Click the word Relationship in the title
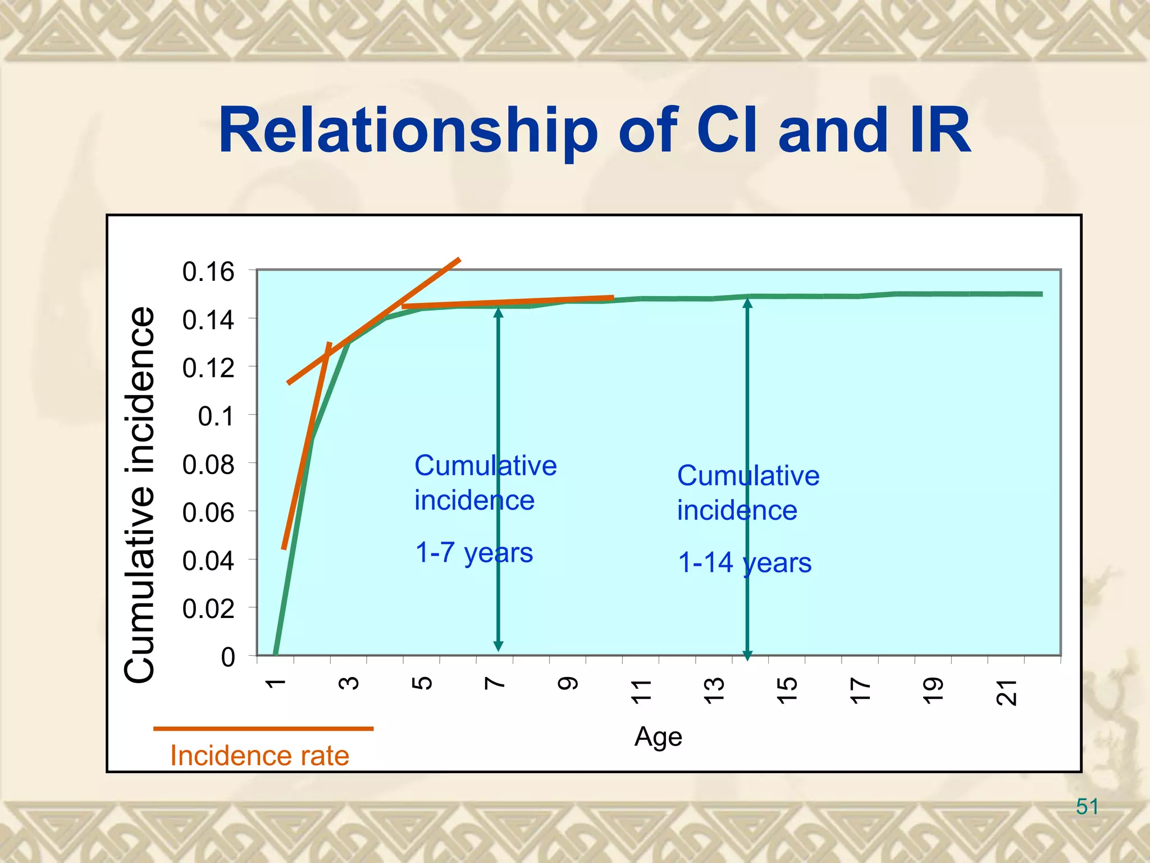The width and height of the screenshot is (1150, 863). [408, 131]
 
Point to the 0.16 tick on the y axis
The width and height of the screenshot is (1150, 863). [208, 272]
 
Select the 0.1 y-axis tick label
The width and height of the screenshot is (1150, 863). [216, 417]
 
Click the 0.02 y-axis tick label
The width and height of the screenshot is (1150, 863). [208, 609]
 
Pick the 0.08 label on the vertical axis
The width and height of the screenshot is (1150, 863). [208, 465]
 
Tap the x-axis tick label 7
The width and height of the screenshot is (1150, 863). [495, 683]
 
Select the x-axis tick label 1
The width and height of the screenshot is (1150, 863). [275, 683]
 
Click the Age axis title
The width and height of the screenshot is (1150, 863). [658, 737]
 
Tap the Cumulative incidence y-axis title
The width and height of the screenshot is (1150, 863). [139, 494]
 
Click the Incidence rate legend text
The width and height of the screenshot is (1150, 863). [259, 756]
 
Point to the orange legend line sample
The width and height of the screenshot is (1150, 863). [263, 729]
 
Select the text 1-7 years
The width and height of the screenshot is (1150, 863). [474, 553]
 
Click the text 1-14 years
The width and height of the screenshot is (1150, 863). [745, 563]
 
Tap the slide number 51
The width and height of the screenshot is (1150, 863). [1087, 807]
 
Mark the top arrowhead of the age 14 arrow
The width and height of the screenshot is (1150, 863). [747, 303]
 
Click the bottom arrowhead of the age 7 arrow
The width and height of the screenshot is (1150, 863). [498, 646]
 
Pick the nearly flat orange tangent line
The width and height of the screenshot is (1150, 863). [508, 302]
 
